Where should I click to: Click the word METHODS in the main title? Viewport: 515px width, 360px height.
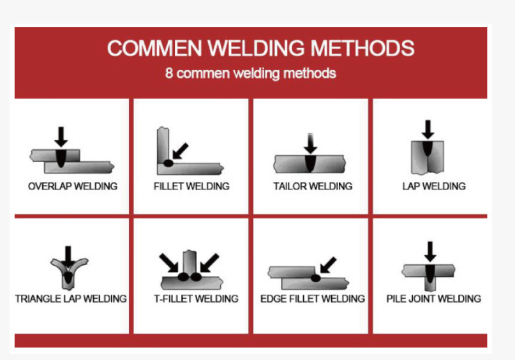pyautogui.click(x=362, y=48)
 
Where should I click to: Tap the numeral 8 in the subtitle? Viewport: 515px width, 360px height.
pyautogui.click(x=169, y=73)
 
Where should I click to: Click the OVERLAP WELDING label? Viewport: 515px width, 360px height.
pyautogui.click(x=73, y=186)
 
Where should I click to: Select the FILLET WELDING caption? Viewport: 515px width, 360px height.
pyautogui.click(x=191, y=186)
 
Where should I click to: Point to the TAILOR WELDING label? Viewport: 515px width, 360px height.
pyautogui.click(x=313, y=186)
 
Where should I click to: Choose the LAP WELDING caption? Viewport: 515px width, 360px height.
pyautogui.click(x=434, y=186)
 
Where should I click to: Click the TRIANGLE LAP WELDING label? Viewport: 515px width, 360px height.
pyautogui.click(x=71, y=299)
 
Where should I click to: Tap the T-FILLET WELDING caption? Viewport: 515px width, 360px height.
pyautogui.click(x=196, y=299)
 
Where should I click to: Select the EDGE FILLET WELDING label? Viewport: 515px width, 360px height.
pyautogui.click(x=313, y=299)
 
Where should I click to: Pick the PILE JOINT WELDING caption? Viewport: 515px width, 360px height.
pyautogui.click(x=433, y=299)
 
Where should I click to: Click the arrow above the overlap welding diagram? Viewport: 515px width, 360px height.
pyautogui.click(x=61, y=137)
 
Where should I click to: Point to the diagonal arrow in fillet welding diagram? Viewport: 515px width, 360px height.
pyautogui.click(x=181, y=151)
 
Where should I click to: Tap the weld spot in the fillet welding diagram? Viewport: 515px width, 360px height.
pyautogui.click(x=168, y=163)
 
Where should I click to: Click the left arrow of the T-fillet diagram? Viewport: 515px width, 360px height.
pyautogui.click(x=168, y=263)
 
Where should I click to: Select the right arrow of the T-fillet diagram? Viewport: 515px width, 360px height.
pyautogui.click(x=209, y=263)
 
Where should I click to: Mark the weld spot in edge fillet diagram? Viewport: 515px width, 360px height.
pyautogui.click(x=316, y=278)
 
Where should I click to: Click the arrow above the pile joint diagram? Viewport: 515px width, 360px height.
pyautogui.click(x=430, y=251)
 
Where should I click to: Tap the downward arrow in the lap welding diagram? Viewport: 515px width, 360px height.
pyautogui.click(x=428, y=130)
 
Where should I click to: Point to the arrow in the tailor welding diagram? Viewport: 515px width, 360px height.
pyautogui.click(x=310, y=143)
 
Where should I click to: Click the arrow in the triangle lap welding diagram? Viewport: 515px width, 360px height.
pyautogui.click(x=68, y=257)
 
